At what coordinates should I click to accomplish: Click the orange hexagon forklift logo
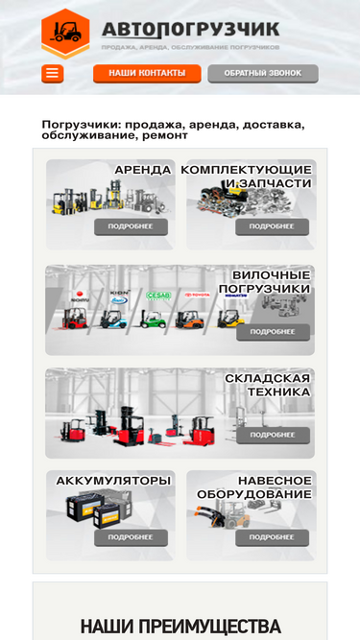coord(65,34)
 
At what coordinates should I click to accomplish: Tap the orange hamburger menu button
coord(52,73)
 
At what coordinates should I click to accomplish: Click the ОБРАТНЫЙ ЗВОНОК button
coord(262,73)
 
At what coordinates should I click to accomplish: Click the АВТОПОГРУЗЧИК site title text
coord(190,30)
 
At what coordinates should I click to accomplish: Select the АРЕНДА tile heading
coord(142,170)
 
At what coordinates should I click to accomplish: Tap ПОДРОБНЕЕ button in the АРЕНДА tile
coord(131,226)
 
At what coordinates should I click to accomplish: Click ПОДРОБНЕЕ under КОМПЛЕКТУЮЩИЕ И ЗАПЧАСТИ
coord(272,226)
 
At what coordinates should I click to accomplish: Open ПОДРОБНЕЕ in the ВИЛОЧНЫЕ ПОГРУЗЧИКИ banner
coord(272,331)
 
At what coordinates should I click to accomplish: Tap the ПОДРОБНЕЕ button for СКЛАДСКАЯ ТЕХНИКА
coord(272,435)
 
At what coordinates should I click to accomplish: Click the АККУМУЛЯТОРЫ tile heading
coord(113,480)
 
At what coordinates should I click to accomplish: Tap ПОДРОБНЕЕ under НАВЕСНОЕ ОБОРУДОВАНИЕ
coord(272,537)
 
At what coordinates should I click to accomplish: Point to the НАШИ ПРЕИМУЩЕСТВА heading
coord(180,627)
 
